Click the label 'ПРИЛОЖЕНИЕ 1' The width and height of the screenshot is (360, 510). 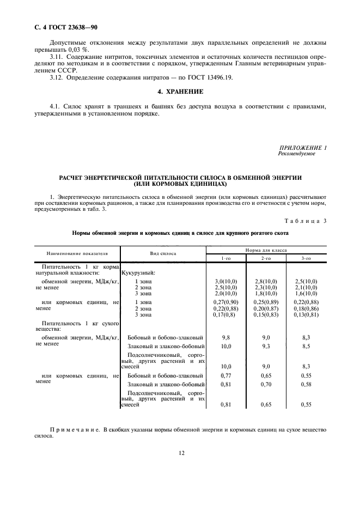tap(303, 148)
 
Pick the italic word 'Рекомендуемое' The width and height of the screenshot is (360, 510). tap(296, 154)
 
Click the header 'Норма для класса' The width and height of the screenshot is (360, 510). tap(266, 250)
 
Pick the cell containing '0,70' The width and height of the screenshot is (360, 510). tap(266, 384)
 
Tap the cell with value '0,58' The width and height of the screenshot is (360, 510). tap(306, 384)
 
